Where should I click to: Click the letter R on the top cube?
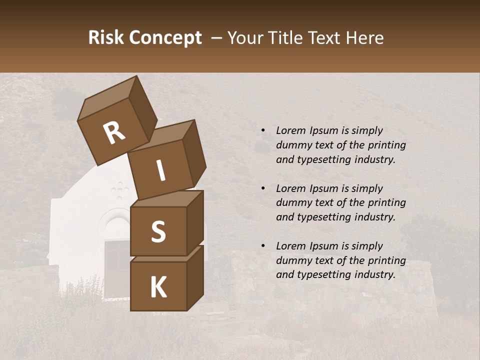(114, 133)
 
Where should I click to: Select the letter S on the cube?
(158, 231)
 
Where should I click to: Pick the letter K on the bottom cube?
(158, 287)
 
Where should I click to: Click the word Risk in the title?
(105, 38)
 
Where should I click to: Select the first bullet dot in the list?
(263, 130)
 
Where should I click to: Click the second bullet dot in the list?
(263, 188)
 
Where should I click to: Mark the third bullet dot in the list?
(263, 246)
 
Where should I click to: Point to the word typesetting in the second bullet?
(324, 217)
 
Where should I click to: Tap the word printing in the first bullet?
(386, 145)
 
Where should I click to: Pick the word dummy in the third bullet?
(293, 260)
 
